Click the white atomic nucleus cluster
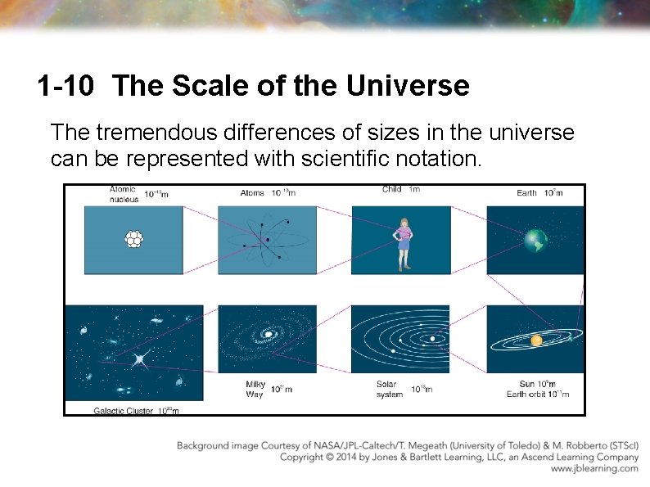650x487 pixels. (x=133, y=239)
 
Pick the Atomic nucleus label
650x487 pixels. (x=124, y=193)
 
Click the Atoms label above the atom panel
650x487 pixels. (x=252, y=193)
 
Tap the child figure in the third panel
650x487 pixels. (x=402, y=243)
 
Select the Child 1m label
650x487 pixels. (x=400, y=190)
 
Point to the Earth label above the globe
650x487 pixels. (x=526, y=193)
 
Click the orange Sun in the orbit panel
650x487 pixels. (x=536, y=339)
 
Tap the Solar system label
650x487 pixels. (x=390, y=389)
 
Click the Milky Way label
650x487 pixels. (x=255, y=389)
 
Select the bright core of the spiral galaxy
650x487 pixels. (x=268, y=334)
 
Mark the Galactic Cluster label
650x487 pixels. (x=123, y=411)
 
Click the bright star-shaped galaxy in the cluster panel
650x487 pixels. (x=140, y=358)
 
